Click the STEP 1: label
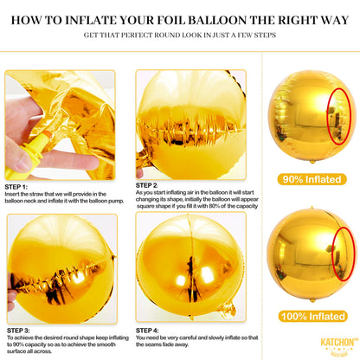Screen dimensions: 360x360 coord(20,185)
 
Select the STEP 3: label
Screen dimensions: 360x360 coord(20,329)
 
